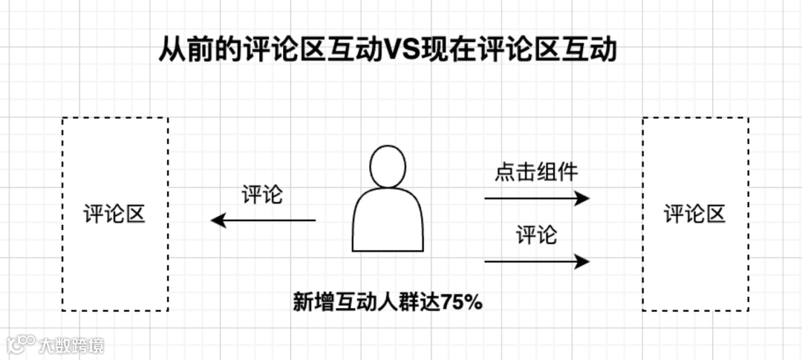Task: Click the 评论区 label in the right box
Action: pyautogui.click(x=694, y=215)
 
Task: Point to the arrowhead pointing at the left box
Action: pyautogui.click(x=218, y=220)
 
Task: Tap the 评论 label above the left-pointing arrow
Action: pyautogui.click(x=262, y=196)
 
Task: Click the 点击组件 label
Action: pyautogui.click(x=536, y=173)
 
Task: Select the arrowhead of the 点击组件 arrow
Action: pyautogui.click(x=583, y=198)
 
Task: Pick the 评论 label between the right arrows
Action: pyautogui.click(x=536, y=236)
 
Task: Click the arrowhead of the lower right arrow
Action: pyautogui.click(x=583, y=261)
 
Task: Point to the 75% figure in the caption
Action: pyautogui.click(x=462, y=303)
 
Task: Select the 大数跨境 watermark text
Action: pyautogui.click(x=72, y=345)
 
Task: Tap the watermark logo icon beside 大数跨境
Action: pyautogui.click(x=21, y=344)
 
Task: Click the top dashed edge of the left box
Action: pyautogui.click(x=115, y=118)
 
